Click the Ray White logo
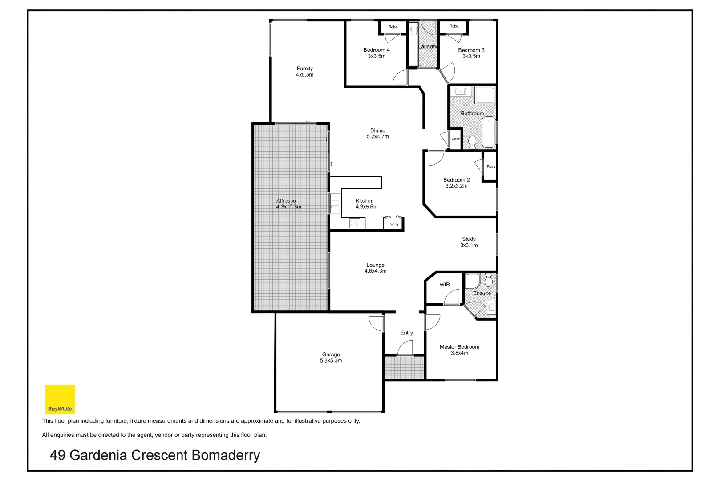[x=60, y=399]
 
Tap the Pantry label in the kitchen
[x=393, y=224]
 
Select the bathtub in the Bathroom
[x=489, y=132]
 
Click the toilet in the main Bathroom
[x=472, y=142]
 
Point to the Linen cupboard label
[x=456, y=139]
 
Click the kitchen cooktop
[x=355, y=223]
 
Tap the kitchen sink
[x=335, y=204]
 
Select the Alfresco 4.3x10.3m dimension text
[x=288, y=207]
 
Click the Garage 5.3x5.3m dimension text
[x=331, y=361]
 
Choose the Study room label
[x=469, y=239]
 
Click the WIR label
[x=445, y=285]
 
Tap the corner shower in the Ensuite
[x=472, y=281]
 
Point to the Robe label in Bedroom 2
[x=490, y=167]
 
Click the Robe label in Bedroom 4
[x=393, y=27]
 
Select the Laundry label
[x=428, y=46]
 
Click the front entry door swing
[x=405, y=348]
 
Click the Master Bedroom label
[x=459, y=347]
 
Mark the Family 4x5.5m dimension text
[x=304, y=75]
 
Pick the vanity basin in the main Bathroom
[x=460, y=92]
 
